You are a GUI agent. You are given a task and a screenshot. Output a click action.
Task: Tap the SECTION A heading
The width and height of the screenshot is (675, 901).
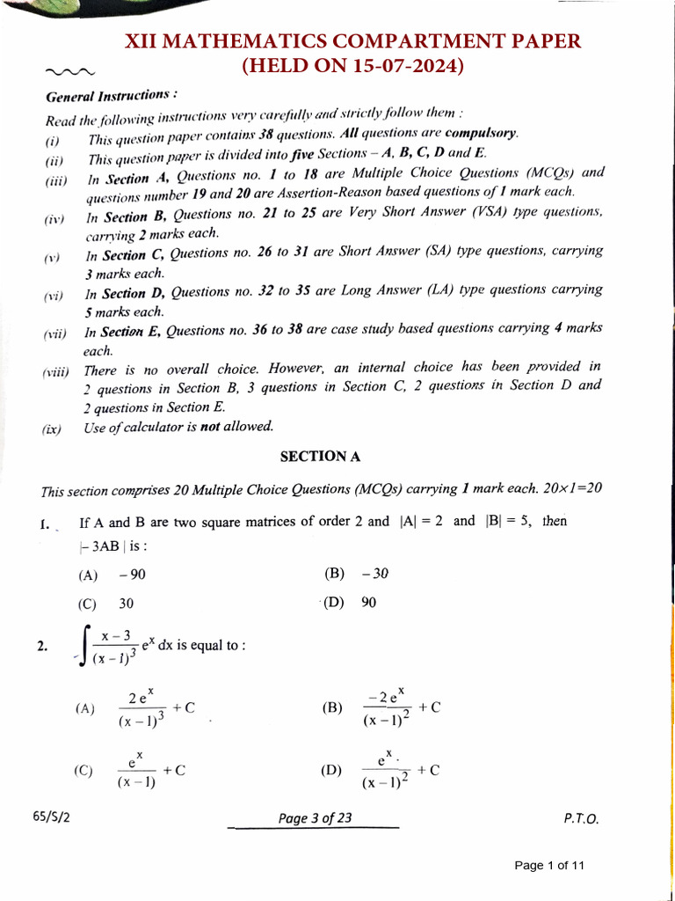click(320, 456)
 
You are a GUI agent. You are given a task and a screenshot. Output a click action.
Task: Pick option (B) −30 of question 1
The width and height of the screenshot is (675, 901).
click(356, 574)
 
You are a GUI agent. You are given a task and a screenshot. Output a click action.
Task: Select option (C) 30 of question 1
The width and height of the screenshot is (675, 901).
click(111, 604)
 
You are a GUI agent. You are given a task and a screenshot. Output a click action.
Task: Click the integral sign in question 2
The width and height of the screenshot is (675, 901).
click(83, 649)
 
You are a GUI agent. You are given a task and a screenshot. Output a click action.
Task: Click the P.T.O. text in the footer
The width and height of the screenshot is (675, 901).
click(581, 818)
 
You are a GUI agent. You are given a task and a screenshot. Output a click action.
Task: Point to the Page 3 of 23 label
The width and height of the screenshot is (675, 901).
click(315, 818)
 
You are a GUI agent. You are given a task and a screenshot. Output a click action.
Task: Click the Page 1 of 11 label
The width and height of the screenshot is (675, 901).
click(549, 865)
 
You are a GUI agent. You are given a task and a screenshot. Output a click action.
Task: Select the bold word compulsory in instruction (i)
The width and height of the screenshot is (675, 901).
click(482, 134)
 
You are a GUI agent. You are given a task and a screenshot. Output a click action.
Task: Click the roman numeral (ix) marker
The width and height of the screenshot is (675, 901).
click(52, 429)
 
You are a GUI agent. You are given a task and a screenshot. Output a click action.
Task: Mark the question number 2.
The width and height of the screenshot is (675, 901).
click(41, 647)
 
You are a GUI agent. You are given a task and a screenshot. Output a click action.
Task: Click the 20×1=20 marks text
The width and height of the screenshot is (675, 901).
click(573, 487)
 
